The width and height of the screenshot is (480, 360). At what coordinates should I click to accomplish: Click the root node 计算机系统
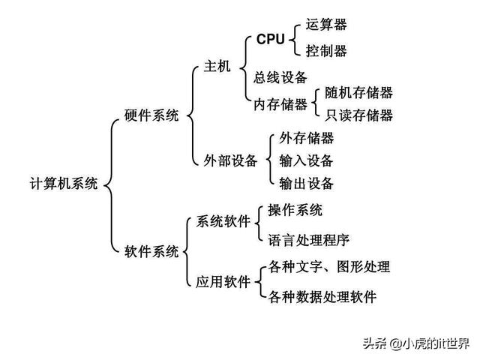(64, 184)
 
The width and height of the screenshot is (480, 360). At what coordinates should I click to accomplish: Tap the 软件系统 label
(151, 251)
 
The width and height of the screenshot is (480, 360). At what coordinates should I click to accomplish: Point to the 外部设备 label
(230, 160)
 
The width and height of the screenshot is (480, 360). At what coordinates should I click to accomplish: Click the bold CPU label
(271, 38)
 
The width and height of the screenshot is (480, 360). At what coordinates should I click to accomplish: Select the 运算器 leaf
(326, 25)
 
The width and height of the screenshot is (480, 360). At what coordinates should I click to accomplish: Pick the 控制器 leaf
(326, 52)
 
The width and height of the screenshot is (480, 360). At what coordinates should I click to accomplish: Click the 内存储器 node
(280, 104)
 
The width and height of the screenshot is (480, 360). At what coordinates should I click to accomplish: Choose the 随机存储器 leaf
(358, 93)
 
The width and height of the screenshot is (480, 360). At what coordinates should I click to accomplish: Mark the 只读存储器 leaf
(358, 115)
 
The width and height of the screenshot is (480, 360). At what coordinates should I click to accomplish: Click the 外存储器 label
(306, 138)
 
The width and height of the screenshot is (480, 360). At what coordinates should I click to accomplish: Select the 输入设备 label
(306, 160)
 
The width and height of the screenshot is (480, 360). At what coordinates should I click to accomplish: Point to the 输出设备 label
(306, 184)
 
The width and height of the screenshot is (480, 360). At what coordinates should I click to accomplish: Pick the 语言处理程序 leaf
(308, 240)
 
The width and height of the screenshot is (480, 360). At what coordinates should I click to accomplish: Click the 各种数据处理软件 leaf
(322, 296)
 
